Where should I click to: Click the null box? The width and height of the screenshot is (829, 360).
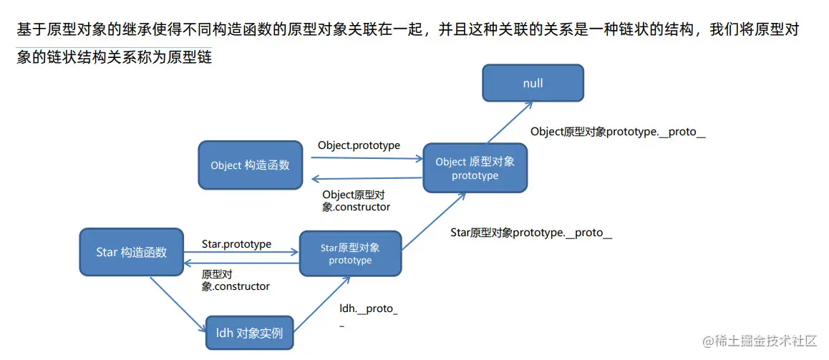pyautogui.click(x=533, y=83)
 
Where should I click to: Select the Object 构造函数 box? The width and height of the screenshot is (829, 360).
pyautogui.click(x=250, y=165)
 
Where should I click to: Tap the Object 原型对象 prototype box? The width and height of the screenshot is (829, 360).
pyautogui.click(x=475, y=168)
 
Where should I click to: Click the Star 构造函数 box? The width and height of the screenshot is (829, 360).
pyautogui.click(x=131, y=252)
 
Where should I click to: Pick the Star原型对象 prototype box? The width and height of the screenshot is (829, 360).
pyautogui.click(x=350, y=253)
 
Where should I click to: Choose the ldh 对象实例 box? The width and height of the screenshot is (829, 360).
pyautogui.click(x=249, y=333)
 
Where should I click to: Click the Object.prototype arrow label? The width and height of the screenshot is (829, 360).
pyautogui.click(x=359, y=145)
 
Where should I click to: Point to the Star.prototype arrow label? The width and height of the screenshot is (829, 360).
pyautogui.click(x=236, y=244)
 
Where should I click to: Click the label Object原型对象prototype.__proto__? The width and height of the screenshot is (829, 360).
pyautogui.click(x=618, y=132)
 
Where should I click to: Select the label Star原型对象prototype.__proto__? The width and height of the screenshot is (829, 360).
pyautogui.click(x=531, y=233)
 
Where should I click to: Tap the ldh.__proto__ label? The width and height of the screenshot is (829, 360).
pyautogui.click(x=368, y=310)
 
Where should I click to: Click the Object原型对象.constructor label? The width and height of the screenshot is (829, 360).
pyautogui.click(x=356, y=200)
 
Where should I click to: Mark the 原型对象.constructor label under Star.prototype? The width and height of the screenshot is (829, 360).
pyautogui.click(x=236, y=280)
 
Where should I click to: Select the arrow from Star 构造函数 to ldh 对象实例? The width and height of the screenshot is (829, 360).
pyautogui.click(x=178, y=304)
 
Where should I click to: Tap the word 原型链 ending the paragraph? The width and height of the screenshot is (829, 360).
pyautogui.click(x=189, y=57)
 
